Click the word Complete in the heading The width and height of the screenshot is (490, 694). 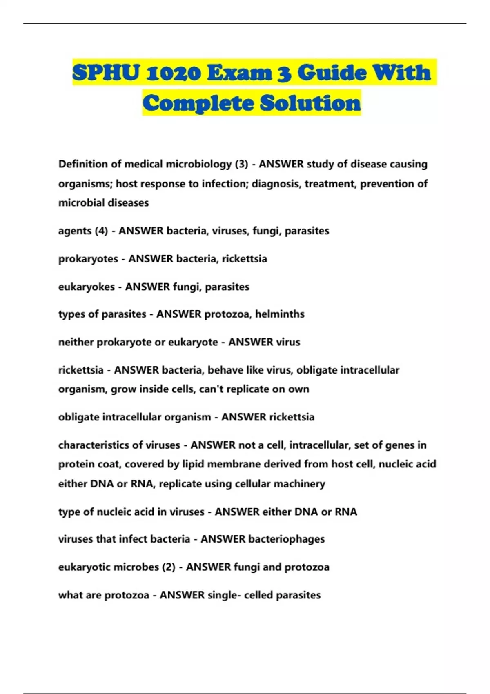[198, 103]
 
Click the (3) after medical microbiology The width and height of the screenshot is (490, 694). [241, 164]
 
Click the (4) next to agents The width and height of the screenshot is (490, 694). [101, 231]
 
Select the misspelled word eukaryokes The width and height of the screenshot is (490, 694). [87, 287]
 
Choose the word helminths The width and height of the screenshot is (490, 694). [280, 314]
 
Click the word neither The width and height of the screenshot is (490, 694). [76, 342]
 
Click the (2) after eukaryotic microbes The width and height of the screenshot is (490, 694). [169, 567]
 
